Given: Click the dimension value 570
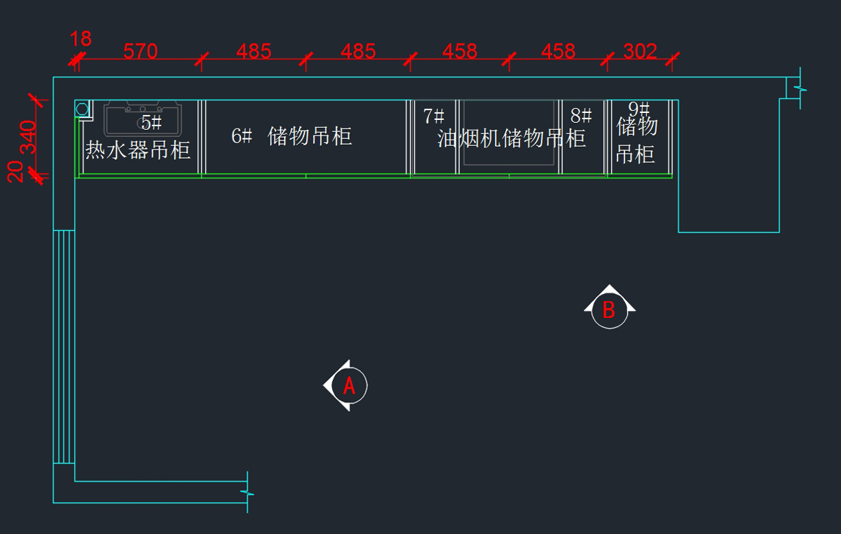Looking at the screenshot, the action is tap(140, 51).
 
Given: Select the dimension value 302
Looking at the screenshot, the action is tap(640, 51).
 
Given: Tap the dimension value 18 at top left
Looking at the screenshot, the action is tap(81, 39).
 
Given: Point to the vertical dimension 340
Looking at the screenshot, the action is tap(27, 138).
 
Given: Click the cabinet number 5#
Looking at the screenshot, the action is tap(151, 124).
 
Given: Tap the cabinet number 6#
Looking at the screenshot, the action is tap(242, 136).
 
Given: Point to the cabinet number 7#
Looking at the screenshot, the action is tap(434, 116).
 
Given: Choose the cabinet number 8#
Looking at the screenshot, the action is tap(581, 116).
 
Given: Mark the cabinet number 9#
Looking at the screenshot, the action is tap(639, 109).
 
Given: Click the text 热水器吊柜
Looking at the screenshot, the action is tap(138, 149).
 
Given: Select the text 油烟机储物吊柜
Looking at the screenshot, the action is tap(512, 138).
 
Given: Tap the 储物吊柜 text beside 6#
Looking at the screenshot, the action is tap(310, 135).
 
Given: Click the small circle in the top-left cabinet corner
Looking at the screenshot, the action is tap(82, 109).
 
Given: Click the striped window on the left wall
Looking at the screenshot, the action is tap(64, 347).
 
